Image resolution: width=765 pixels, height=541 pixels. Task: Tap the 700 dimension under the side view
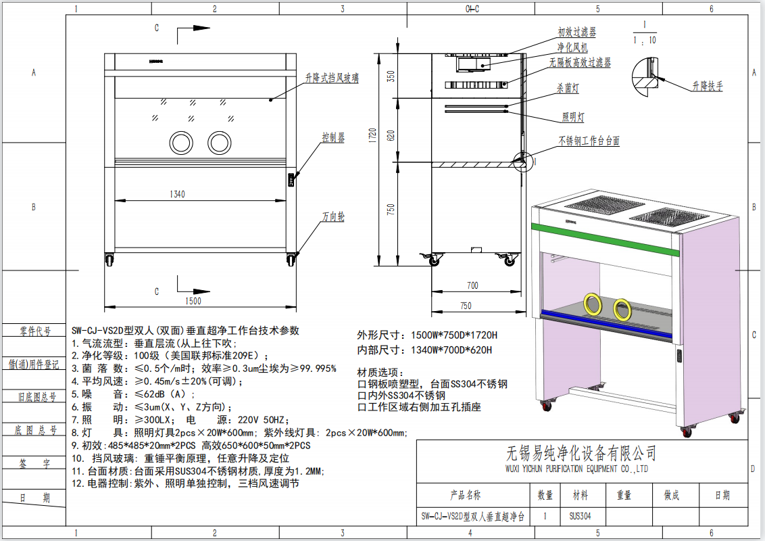point(472,286)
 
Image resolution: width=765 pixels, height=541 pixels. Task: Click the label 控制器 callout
point(333,138)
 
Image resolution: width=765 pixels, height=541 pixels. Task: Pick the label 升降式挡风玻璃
point(332,78)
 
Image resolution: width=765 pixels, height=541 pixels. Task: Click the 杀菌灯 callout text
point(568,89)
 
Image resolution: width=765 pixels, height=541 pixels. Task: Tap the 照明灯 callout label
point(573,118)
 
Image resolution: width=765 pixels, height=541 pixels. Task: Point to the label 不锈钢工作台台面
point(589,141)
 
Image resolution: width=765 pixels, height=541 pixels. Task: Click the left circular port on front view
point(181,142)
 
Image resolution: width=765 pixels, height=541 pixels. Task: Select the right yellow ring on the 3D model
point(622,309)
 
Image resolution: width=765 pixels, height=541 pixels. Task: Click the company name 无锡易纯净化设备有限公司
point(581,452)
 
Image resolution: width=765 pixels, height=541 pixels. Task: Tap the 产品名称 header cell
point(466,496)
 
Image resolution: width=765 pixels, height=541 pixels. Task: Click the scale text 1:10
point(645,40)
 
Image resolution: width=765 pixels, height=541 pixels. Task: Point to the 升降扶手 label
point(708,87)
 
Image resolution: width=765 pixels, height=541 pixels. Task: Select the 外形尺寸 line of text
point(427,335)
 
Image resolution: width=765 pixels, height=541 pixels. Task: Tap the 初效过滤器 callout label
point(576,32)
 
